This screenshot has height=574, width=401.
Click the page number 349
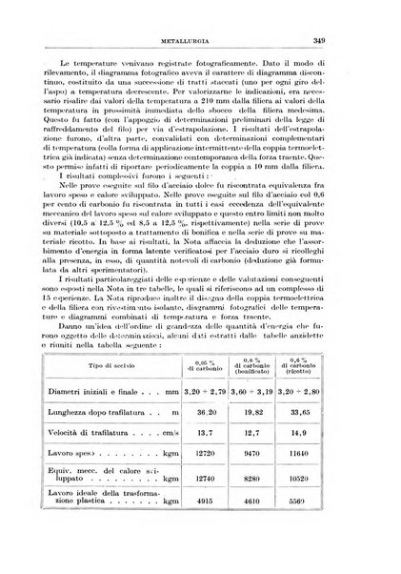[346, 41]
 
